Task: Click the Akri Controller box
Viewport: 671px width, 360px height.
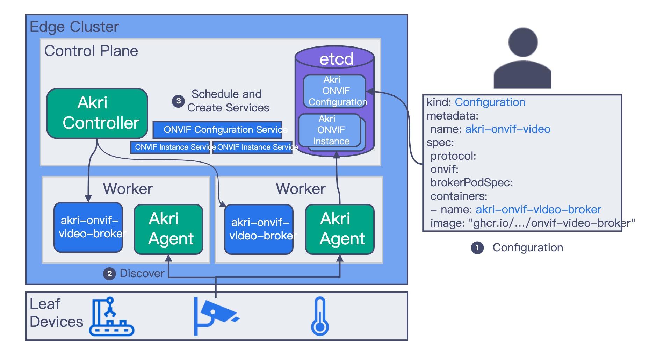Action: pyautogui.click(x=97, y=113)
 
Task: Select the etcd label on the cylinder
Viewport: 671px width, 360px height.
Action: pyautogui.click(x=336, y=59)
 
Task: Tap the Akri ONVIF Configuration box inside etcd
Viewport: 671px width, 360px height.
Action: pyautogui.click(x=334, y=91)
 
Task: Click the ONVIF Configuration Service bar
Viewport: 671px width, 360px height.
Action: pyautogui.click(x=217, y=130)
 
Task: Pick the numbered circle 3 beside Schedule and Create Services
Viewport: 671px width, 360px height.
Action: pyautogui.click(x=178, y=101)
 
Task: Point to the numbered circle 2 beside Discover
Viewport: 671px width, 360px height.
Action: pyautogui.click(x=109, y=274)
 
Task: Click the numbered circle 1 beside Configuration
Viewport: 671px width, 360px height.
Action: pyautogui.click(x=477, y=248)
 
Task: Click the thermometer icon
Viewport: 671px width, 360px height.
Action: pyautogui.click(x=320, y=316)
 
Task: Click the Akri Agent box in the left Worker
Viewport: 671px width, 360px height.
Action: pyautogui.click(x=168, y=229)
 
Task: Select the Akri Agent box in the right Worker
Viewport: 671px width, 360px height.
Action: pyautogui.click(x=340, y=229)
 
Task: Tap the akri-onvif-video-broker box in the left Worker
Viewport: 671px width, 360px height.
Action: pyautogui.click(x=88, y=227)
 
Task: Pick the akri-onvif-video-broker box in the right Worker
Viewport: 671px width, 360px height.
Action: pyautogui.click(x=259, y=229)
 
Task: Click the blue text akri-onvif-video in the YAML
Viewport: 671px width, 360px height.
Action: pyautogui.click(x=507, y=129)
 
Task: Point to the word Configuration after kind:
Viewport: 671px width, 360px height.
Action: pyautogui.click(x=490, y=102)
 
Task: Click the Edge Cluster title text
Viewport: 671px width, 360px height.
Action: pyautogui.click(x=74, y=27)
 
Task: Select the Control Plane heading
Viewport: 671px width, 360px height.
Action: pyautogui.click(x=91, y=51)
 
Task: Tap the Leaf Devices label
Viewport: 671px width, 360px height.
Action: pyautogui.click(x=56, y=313)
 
